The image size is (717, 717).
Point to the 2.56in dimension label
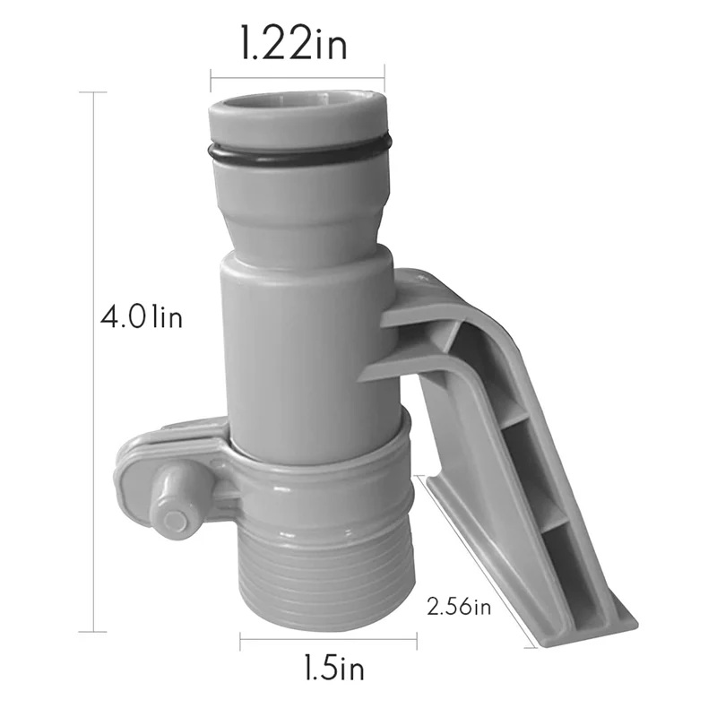459,609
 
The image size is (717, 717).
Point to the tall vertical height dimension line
93,358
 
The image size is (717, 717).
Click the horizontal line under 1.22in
297,76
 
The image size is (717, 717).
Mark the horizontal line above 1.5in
328,638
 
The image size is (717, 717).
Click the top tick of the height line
93,92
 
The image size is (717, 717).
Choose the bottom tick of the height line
93,632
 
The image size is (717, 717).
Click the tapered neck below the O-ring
300,211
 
